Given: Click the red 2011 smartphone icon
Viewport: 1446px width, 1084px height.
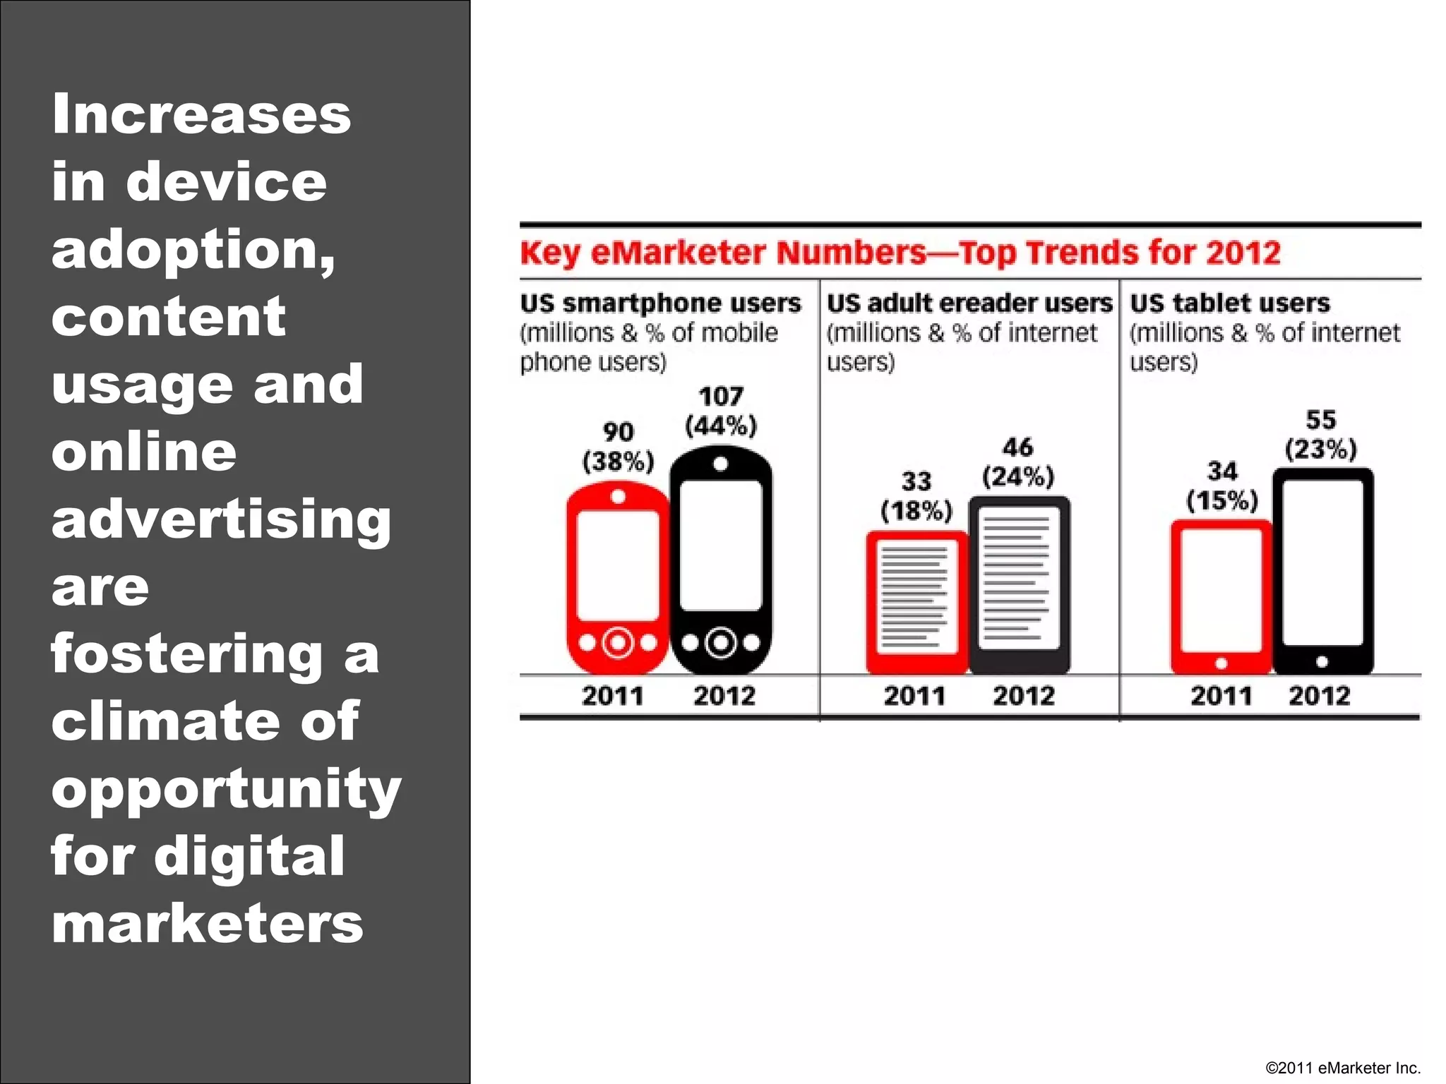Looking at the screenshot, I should tap(618, 577).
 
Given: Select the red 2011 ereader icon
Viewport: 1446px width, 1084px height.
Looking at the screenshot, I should tap(916, 602).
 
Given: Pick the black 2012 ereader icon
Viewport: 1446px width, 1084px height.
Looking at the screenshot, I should tap(1019, 584).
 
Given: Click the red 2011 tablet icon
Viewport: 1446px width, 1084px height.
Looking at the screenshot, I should tap(1221, 596).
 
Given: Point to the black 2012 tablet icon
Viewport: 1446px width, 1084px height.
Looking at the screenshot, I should tap(1322, 570).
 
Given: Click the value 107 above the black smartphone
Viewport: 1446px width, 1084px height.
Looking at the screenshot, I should tap(721, 397).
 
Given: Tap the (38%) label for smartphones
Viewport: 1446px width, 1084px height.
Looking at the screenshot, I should tap(619, 462).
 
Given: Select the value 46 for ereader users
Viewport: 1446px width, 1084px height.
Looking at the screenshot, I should tap(1017, 447).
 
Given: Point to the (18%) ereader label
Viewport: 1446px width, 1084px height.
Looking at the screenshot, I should tap(916, 511).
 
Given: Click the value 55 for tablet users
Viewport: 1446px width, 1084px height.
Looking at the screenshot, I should tap(1320, 421).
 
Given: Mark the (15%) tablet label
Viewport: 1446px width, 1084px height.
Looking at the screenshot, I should tap(1222, 501).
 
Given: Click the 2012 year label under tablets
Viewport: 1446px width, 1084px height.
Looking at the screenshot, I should tap(1319, 697).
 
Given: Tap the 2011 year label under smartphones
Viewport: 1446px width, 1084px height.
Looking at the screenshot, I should tap(612, 697).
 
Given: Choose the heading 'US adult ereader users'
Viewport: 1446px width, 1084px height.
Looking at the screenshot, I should tap(969, 303).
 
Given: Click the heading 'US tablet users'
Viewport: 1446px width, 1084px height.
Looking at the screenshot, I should tap(1229, 303).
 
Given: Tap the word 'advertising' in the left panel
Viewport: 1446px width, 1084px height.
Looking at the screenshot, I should tap(221, 521).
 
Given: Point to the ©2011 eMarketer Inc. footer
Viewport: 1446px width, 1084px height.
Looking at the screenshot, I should tap(1342, 1068).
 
